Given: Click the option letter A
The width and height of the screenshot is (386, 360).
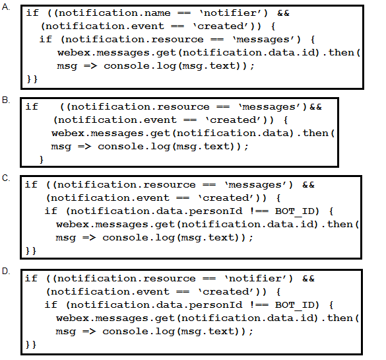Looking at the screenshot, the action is coord(6,7).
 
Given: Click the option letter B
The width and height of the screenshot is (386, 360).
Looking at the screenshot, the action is coord(6,100).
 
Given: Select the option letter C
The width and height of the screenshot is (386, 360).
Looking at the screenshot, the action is coord(6,178).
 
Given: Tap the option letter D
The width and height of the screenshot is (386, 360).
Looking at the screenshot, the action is coord(6,271).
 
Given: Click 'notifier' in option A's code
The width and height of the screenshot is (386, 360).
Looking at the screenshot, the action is coord(232,13).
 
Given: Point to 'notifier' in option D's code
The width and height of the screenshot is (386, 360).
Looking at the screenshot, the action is coord(257,279).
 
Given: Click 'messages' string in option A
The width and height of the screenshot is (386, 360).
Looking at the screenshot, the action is coord(265,40).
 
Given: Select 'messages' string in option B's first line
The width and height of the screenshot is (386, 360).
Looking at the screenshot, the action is coord(271,107).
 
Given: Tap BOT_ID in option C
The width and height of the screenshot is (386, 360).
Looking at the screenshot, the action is coord(295,211).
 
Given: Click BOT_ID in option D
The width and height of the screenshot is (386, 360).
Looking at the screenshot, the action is coord(295,305).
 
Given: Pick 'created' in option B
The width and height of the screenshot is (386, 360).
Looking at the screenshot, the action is coord(235,120).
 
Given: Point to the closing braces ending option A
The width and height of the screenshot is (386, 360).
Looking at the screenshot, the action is coord(32,79).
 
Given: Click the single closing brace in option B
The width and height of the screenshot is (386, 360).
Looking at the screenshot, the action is coord(41,160).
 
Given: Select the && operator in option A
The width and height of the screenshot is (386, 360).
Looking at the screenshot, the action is coord(283,13).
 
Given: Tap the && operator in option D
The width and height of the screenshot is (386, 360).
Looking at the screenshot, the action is coord(308,279).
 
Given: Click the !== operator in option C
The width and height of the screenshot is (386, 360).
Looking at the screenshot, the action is coord(259,211).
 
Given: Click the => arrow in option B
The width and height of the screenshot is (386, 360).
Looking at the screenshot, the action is coord(84,147).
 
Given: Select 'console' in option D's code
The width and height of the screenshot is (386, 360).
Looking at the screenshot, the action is coord(125,332).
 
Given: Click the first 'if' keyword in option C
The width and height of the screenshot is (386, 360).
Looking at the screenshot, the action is coord(31,184).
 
